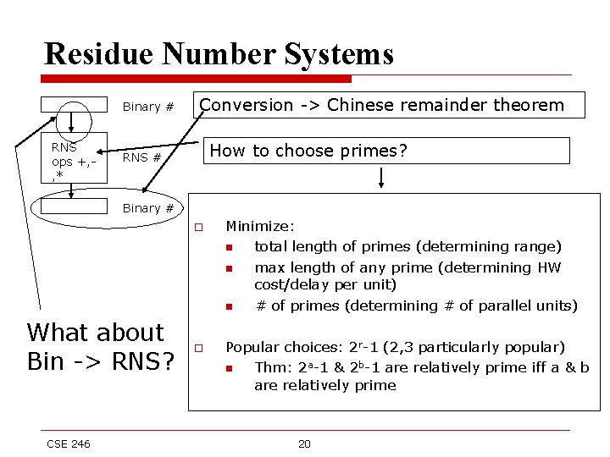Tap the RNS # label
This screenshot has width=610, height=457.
tap(142, 157)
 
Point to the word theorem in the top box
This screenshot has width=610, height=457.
tap(530, 105)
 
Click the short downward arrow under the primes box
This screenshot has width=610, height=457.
tap(382, 177)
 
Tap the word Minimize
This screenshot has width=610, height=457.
tap(259, 227)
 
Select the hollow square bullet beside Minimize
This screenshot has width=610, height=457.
tap(197, 227)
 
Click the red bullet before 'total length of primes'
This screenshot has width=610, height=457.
tap(228, 247)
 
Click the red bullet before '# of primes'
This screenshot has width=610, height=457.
tap(228, 306)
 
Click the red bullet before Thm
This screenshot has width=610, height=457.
tap(228, 368)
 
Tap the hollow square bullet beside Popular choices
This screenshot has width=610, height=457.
tap(197, 347)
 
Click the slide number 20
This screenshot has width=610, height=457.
tap(305, 443)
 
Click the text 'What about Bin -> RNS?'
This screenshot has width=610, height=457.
tap(100, 347)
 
